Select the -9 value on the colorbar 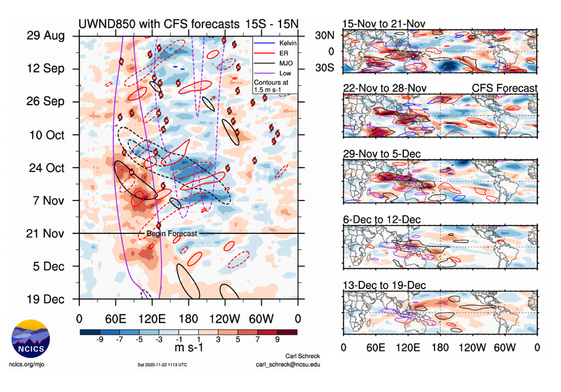(100, 339)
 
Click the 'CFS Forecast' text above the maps (505, 88)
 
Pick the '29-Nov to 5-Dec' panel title (381, 154)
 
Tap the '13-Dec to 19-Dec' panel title (384, 286)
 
